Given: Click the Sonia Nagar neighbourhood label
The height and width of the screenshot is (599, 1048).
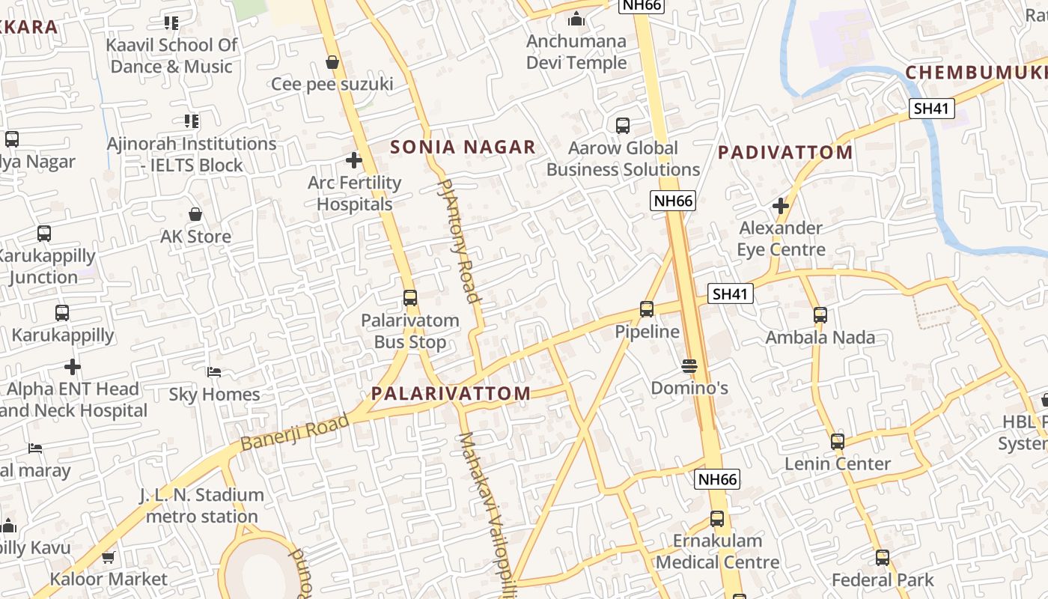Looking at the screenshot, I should pos(463,147).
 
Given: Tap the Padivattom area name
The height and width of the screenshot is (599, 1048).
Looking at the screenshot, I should pos(785,153).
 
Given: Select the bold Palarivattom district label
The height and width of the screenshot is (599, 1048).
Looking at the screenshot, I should pos(451,393).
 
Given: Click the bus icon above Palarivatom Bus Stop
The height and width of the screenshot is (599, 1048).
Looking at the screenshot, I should pos(410,298).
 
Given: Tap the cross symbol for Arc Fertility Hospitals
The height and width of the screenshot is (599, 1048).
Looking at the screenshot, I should pos(354,160).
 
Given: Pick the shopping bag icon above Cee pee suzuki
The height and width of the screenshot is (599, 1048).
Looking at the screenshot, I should pos(332,61).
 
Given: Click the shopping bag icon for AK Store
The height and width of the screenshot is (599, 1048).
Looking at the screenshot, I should pos(195,214).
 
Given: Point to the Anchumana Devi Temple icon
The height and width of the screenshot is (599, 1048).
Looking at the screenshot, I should pos(576,19).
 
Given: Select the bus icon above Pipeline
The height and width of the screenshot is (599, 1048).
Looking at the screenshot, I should pos(647,308).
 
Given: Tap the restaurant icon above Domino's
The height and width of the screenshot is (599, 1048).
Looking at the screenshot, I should pos(689,366).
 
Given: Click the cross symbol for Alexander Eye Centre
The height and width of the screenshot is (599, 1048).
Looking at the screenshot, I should pos(781,205).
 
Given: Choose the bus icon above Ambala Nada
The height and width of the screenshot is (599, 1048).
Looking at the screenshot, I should pos(820,315).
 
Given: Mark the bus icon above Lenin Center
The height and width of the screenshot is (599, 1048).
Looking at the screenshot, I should pos(838,442).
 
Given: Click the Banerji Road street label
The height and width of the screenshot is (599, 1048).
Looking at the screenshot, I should pos(296,432).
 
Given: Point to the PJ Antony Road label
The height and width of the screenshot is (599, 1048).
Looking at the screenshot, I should pos(457,240).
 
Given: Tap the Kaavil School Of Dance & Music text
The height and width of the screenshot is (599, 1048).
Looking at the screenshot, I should pos(171,55).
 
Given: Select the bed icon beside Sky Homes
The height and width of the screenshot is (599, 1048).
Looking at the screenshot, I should pos(214,372).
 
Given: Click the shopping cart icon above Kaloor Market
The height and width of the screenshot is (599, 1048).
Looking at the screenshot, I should pos(109,557).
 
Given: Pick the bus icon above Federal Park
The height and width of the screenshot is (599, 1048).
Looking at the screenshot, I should pos(883,558).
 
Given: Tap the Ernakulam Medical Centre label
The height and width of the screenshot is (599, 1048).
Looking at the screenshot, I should pos(717,551).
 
